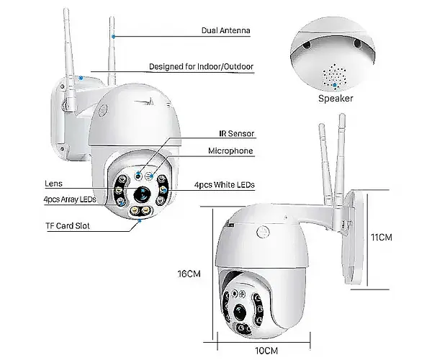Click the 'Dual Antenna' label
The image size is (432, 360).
[225, 30]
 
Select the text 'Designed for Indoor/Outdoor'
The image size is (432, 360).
[201, 66]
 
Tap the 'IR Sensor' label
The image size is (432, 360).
[237, 134]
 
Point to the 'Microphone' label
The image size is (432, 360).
[230, 150]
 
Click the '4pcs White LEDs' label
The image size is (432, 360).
[224, 185]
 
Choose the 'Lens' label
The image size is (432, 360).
[53, 184]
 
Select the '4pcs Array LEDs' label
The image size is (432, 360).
[70, 199]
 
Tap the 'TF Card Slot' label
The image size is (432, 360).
[68, 226]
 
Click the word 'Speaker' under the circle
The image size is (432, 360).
[336, 99]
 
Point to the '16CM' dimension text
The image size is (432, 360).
[189, 274]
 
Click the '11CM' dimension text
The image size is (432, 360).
[382, 237]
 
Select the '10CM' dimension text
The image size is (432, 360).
[266, 351]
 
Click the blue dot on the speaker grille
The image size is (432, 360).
[335, 86]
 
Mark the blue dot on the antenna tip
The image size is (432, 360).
[113, 36]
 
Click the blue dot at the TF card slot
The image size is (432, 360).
[140, 220]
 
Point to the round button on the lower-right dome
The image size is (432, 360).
[264, 231]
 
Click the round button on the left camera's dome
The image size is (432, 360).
[103, 110]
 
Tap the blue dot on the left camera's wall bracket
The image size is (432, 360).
[81, 78]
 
